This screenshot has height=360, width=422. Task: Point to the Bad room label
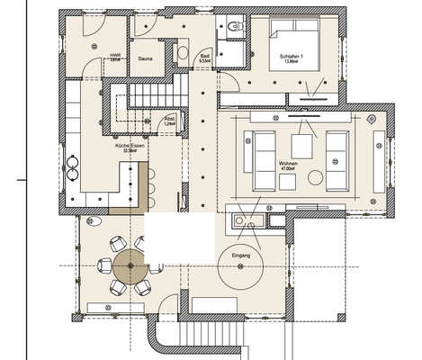click(x=206, y=58)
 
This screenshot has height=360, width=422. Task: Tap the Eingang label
click(x=240, y=256)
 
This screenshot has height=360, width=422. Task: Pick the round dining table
click(x=131, y=266)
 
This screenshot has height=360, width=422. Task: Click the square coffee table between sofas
click(x=301, y=144)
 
